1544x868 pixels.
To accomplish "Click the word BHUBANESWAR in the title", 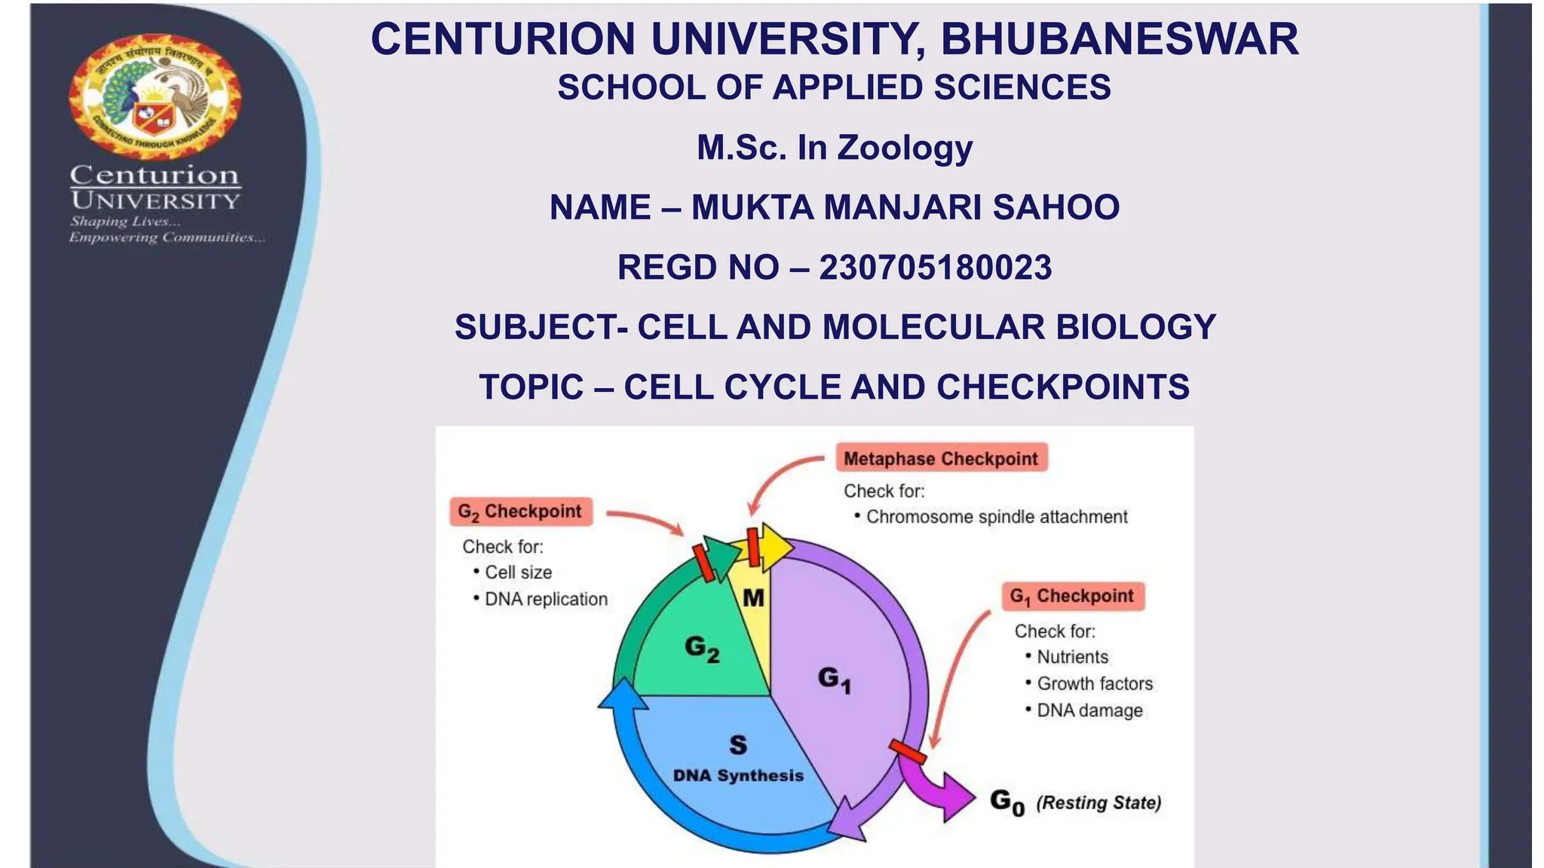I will [1120, 39].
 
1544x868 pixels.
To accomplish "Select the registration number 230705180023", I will [935, 267].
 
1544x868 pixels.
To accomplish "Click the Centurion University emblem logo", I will [155, 96].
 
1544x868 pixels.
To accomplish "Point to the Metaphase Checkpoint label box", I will [940, 458].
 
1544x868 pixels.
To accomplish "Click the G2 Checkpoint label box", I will [520, 512].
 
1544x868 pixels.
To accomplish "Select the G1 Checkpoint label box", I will [1072, 596].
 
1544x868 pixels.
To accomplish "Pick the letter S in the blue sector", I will [738, 744].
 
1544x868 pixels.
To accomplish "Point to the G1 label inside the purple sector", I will [835, 679].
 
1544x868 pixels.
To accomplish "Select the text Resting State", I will [1098, 802].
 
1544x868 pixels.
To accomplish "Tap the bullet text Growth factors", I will [1095, 683].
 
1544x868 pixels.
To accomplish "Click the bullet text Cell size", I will [518, 573].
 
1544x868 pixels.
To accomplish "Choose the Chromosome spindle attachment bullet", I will [996, 517].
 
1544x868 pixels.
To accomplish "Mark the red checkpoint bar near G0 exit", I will [907, 751].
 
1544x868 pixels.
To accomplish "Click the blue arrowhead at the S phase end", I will [623, 695].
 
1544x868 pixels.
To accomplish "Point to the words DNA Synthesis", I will [738, 775].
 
